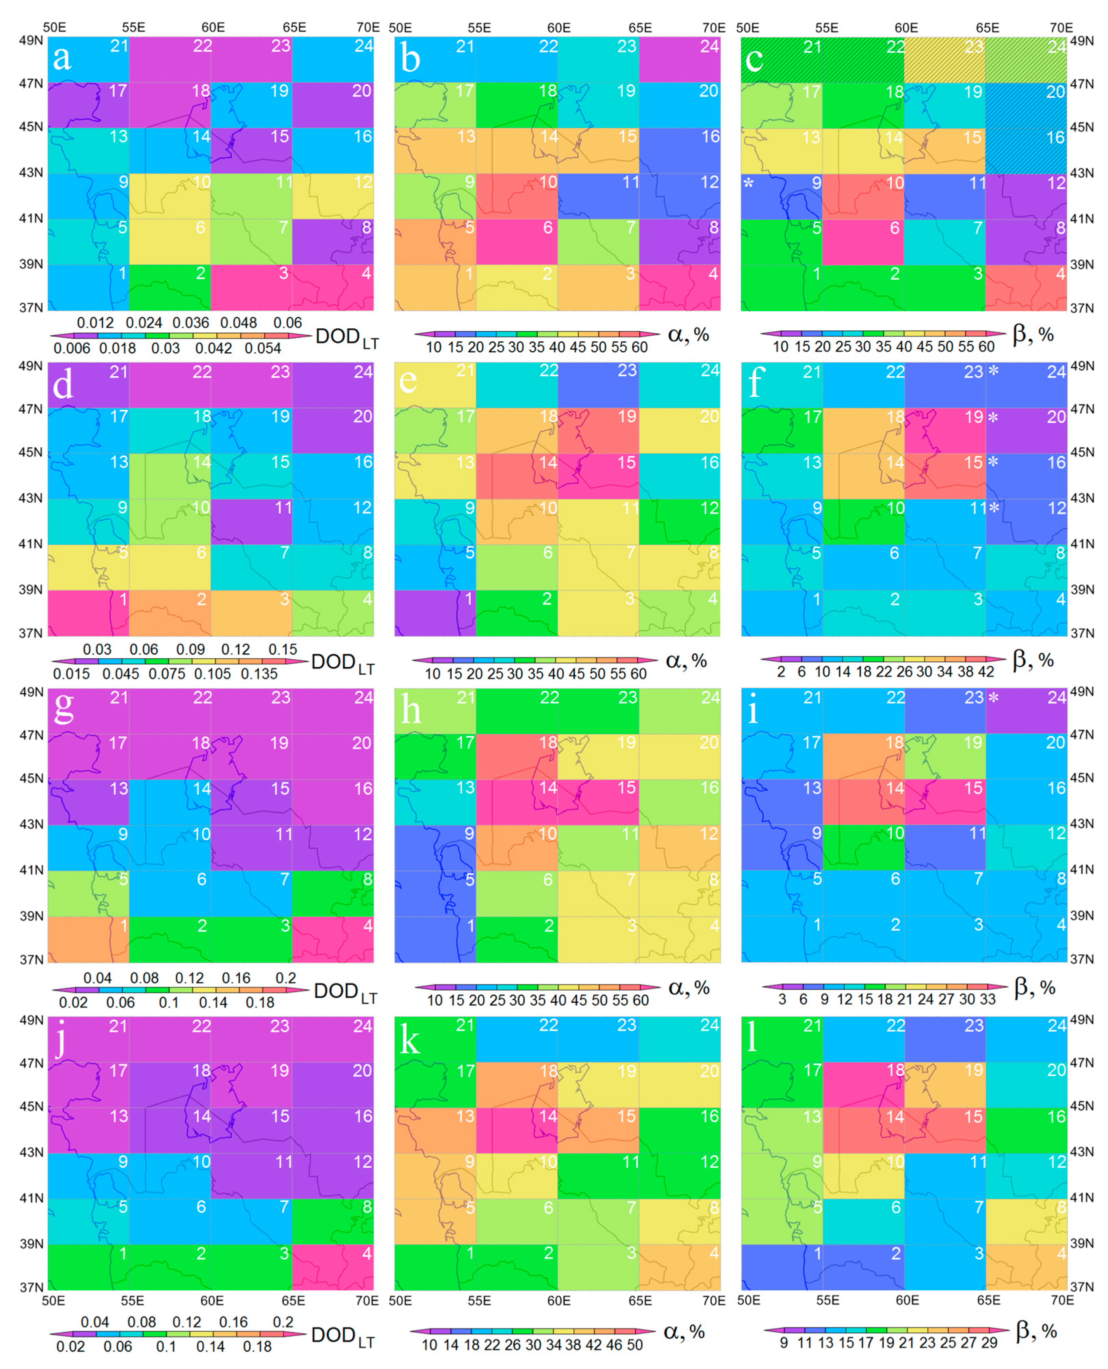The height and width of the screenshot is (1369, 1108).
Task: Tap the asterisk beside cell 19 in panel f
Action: [x=993, y=418]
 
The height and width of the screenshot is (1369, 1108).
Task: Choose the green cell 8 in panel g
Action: [x=333, y=893]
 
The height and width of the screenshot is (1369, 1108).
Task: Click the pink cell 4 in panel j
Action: [x=333, y=1266]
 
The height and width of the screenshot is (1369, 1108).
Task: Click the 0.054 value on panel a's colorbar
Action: [x=263, y=348]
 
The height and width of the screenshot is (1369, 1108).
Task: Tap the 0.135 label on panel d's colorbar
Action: [x=259, y=673]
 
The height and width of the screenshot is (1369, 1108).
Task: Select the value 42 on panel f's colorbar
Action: [x=986, y=672]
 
